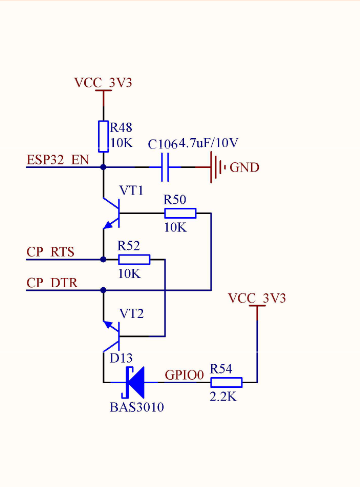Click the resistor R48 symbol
103,136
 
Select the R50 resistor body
180,213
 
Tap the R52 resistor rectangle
134,259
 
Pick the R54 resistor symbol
226,382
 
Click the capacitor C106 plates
165,167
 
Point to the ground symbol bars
218,167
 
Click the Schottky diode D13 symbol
133,382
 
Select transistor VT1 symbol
112,213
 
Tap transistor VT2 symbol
112,336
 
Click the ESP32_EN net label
58,160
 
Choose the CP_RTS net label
50,252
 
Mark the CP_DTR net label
52,283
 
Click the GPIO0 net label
184,375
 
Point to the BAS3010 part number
137,407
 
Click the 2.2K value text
223,396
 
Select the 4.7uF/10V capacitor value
208,143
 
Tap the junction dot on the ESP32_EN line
103,167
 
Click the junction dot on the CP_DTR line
103,290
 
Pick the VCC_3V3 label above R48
103,82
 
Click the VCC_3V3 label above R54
257,298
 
